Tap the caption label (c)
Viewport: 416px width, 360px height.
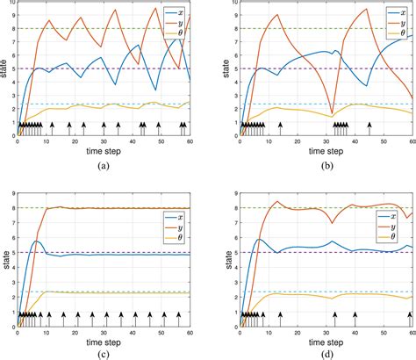[x=104, y=353]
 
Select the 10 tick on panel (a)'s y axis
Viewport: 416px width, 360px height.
[x=11, y=6]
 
